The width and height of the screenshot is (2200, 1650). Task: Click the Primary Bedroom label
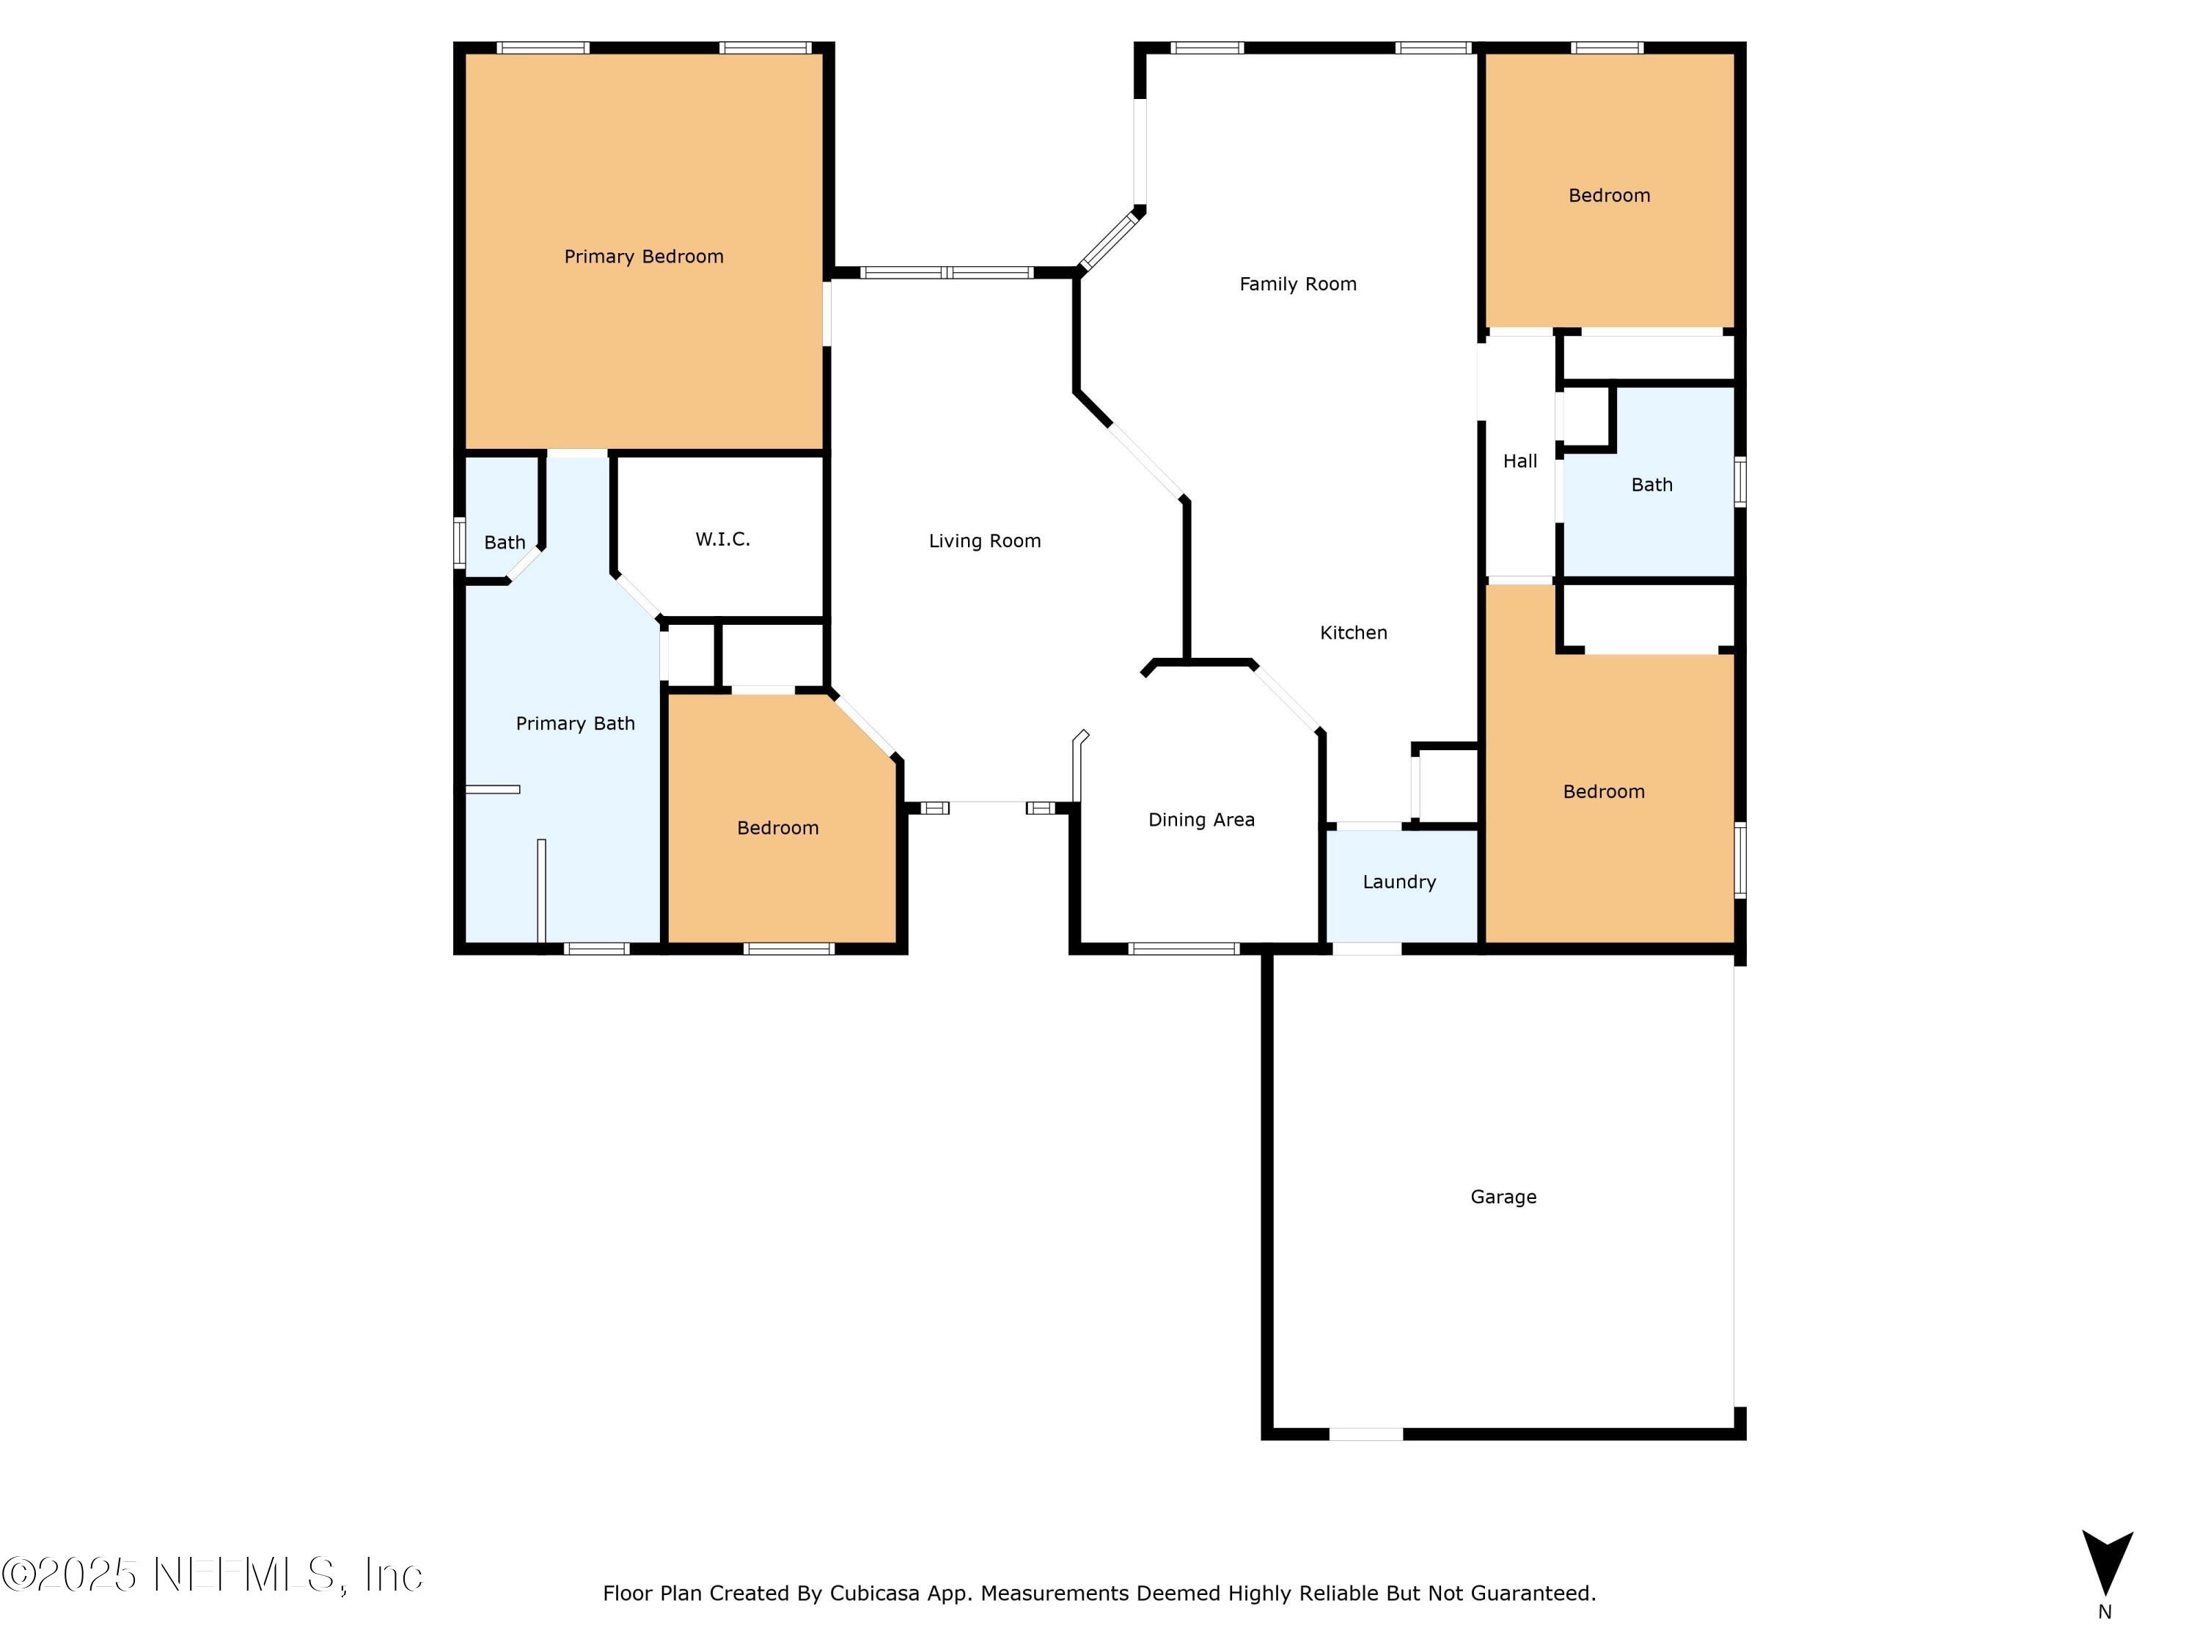point(643,257)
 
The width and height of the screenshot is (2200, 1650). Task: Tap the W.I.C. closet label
point(723,539)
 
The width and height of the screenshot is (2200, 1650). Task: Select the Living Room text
point(985,541)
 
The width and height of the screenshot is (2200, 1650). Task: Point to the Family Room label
point(1298,285)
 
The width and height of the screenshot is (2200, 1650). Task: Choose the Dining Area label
point(1201,820)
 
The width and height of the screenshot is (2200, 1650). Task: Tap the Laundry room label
point(1398,882)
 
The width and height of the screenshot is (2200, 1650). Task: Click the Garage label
point(1503,1197)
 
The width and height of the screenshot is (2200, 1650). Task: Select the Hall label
point(1519,461)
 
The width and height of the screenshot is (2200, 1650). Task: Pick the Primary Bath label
point(575,724)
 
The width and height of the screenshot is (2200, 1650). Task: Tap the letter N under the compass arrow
point(2105,1612)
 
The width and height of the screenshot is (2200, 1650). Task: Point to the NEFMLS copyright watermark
point(212,1575)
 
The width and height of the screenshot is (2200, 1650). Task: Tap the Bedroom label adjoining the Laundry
point(1603,792)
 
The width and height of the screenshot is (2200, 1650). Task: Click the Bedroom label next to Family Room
point(1608,196)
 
